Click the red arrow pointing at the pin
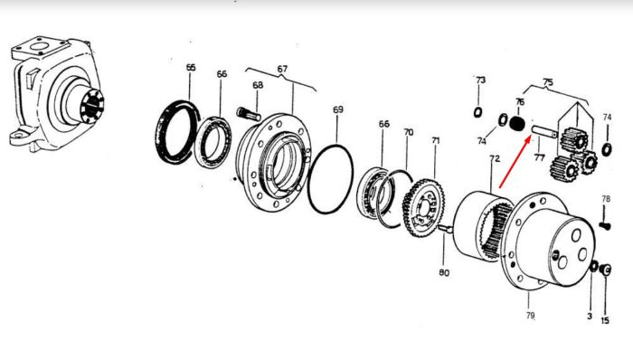pos(515,162)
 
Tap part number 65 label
pos(191,68)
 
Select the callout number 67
pos(282,69)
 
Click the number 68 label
pos(258,85)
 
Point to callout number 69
pos(338,109)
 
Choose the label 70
pos(409,132)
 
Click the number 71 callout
pos(435,140)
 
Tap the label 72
pos(495,158)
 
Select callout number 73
pos(480,80)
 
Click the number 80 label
pos(444,273)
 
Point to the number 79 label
pos(530,315)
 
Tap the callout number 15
pos(605,320)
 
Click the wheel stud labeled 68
pos(250,113)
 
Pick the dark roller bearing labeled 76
pos(516,123)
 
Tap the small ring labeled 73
pos(478,112)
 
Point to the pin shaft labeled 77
pos(544,131)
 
